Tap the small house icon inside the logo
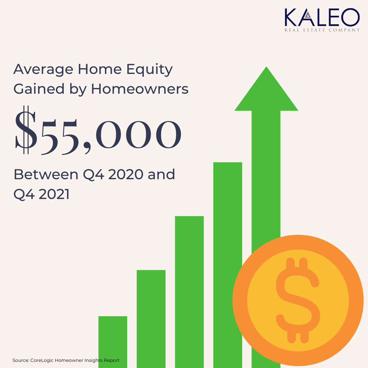point(308,15)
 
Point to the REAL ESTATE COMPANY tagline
point(322,30)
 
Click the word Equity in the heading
point(150,70)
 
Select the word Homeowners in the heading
point(140,89)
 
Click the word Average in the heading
point(43,70)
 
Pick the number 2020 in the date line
point(126,174)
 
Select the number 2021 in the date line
point(54,194)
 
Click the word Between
point(46,174)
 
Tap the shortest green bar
point(113,342)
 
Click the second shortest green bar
point(151,319)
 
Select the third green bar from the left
point(189,292)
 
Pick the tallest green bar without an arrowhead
point(228,265)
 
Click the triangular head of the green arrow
point(266,94)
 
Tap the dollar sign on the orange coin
point(298,301)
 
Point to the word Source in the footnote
point(21,360)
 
